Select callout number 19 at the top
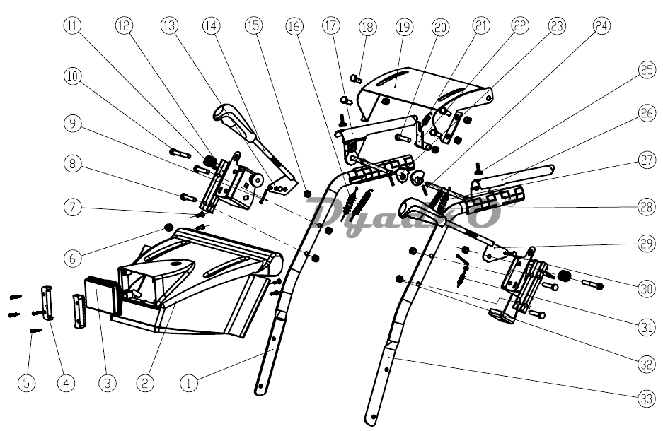pyautogui.click(x=403, y=28)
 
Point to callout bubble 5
pyautogui.click(x=26, y=383)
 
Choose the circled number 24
pyautogui.click(x=601, y=26)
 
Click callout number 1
pyautogui.click(x=188, y=383)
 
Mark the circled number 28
pyautogui.click(x=645, y=206)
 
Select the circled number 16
pyautogui.click(x=294, y=28)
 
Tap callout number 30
pyautogui.click(x=645, y=288)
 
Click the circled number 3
pyautogui.click(x=107, y=383)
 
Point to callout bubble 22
pyautogui.click(x=520, y=26)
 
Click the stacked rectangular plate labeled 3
pyautogui.click(x=99, y=294)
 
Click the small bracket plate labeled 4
pyautogui.click(x=48, y=302)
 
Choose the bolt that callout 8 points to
pyautogui.click(x=188, y=197)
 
